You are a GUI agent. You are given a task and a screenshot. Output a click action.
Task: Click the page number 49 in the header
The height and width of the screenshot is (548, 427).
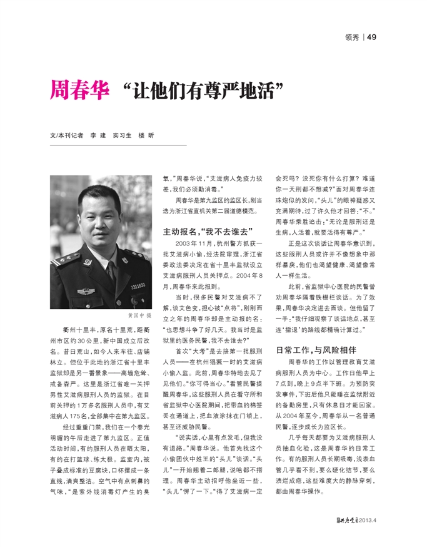click(x=371, y=37)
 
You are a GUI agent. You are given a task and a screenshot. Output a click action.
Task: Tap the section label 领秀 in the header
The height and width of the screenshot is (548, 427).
click(x=351, y=37)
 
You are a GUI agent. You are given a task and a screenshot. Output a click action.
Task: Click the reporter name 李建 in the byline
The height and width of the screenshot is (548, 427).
click(x=98, y=135)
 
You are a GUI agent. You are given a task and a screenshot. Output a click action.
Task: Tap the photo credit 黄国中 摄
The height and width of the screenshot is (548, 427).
click(x=139, y=315)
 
